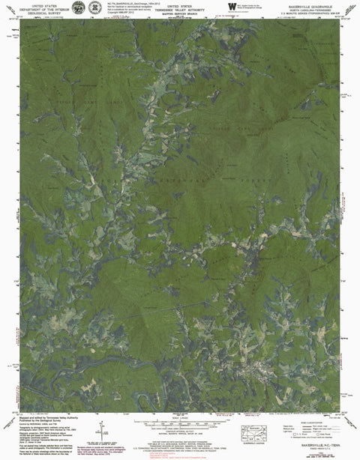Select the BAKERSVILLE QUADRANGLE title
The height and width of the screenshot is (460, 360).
pos(313,4)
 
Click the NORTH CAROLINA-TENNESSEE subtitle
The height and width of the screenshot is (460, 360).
pos(313,8)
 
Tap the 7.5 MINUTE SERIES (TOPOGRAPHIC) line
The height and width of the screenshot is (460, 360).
pos(313,13)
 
